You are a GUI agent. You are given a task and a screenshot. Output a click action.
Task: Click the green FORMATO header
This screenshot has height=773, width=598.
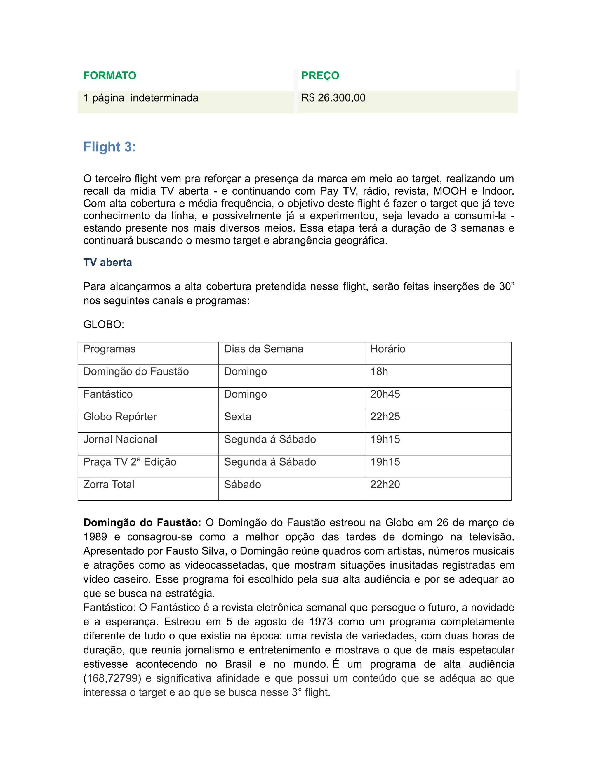pyautogui.click(x=109, y=76)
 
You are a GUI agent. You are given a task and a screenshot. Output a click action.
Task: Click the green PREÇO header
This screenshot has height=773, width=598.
pyautogui.click(x=320, y=76)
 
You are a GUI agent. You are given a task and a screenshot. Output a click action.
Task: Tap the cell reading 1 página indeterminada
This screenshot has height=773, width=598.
pyautogui.click(x=141, y=98)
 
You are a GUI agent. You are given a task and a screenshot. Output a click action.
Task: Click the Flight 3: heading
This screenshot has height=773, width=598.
pyautogui.click(x=109, y=147)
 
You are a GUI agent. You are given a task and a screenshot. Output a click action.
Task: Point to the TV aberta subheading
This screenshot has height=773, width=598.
pyautogui.click(x=107, y=263)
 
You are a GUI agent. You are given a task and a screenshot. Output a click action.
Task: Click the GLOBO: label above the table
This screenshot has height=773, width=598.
pyautogui.click(x=103, y=325)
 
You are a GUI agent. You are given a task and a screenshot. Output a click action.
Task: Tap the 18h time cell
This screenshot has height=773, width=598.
pyautogui.click(x=379, y=372)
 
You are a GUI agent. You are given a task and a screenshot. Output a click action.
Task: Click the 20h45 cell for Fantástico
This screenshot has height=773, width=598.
pyautogui.click(x=385, y=395)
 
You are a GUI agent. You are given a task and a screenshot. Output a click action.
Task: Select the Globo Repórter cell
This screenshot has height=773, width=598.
pyautogui.click(x=120, y=417)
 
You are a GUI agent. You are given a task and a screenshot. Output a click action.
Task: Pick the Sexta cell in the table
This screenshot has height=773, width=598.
pyautogui.click(x=237, y=417)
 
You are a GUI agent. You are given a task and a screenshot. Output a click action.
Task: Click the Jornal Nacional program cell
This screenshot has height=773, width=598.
pyautogui.click(x=120, y=440)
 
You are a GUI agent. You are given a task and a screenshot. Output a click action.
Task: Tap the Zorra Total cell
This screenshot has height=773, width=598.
pyautogui.click(x=108, y=485)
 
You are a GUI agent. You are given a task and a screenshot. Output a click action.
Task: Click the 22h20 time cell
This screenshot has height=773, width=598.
pyautogui.click(x=385, y=485)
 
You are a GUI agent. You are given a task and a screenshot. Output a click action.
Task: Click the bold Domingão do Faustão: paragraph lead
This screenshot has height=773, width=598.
pyautogui.click(x=142, y=523)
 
